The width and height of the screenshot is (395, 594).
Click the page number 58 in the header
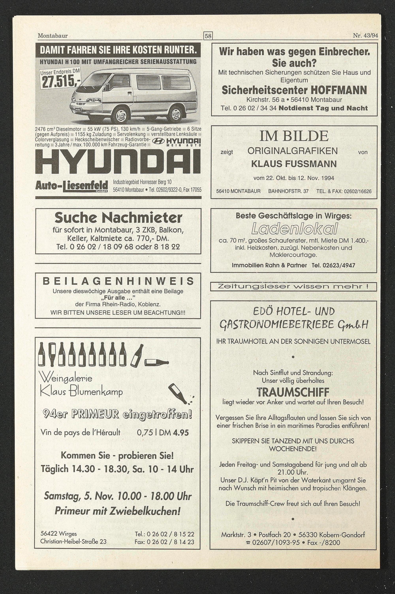208,36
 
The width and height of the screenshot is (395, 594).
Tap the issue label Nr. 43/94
365,36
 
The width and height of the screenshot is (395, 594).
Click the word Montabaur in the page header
53,36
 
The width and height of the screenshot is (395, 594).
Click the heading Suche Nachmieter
118,218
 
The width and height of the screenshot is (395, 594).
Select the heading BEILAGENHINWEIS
118,281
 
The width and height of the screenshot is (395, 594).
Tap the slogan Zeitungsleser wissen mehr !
293,287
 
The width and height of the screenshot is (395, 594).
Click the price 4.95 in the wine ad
181,433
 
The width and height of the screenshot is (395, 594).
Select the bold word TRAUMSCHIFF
293,392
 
